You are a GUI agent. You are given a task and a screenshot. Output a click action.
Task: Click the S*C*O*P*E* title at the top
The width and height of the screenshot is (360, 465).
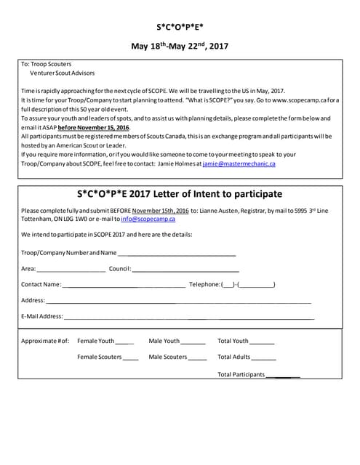pyautogui.click(x=180, y=27)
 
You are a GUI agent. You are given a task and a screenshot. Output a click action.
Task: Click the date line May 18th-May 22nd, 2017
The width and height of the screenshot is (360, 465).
pyautogui.click(x=180, y=47)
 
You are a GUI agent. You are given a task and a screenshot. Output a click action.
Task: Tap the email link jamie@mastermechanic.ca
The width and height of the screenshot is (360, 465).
pyautogui.click(x=239, y=164)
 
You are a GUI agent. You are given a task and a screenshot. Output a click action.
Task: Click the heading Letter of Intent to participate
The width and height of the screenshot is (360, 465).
pyautogui.click(x=180, y=195)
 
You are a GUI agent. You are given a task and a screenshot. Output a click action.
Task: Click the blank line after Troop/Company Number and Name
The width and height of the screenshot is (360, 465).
pyautogui.click(x=177, y=253)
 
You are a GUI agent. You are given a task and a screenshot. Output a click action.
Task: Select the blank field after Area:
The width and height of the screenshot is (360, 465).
pyautogui.click(x=71, y=269)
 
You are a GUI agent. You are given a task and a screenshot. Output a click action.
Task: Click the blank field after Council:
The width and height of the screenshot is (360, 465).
pyautogui.click(x=185, y=269)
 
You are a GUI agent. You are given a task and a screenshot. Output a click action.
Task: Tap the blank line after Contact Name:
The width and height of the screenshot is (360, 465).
pyautogui.click(x=124, y=284)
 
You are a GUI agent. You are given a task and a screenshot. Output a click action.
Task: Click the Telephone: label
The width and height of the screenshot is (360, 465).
pyautogui.click(x=204, y=284)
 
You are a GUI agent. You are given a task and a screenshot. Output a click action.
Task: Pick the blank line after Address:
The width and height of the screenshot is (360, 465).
pyautogui.click(x=179, y=300)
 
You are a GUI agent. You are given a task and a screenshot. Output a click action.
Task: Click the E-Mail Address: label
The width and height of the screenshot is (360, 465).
pyautogui.click(x=42, y=316)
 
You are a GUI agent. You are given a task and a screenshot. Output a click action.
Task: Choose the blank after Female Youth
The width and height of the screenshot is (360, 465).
pyautogui.click(x=125, y=341)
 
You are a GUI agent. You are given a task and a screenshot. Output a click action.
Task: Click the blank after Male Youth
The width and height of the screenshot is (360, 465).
pyautogui.click(x=193, y=341)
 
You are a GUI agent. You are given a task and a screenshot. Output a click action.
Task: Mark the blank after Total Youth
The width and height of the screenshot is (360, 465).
pyautogui.click(x=263, y=341)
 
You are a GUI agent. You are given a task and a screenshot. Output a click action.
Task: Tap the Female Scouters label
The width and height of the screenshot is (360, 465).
pyautogui.click(x=99, y=357)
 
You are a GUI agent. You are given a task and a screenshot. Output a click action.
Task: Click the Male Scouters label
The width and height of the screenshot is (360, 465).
pyautogui.click(x=167, y=357)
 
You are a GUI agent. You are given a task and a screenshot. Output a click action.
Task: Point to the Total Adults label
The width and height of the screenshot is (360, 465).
pyautogui.click(x=233, y=357)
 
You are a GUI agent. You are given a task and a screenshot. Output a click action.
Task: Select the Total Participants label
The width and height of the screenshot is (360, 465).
pyautogui.click(x=241, y=375)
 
